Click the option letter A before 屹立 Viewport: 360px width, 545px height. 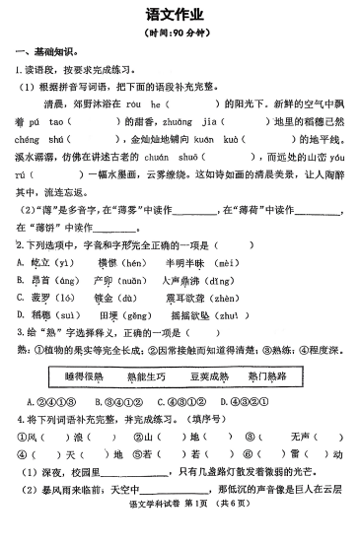(x=21, y=262)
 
